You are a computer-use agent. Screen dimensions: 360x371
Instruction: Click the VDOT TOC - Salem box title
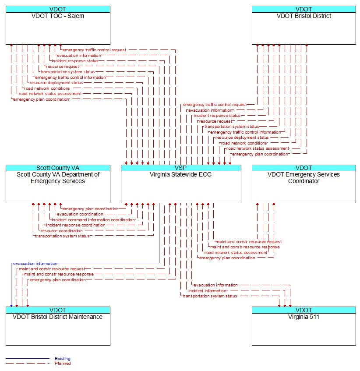[x=58, y=16]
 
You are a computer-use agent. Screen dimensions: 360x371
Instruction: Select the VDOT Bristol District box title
[x=304, y=16]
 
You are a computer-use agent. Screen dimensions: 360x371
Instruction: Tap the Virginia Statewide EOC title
[x=181, y=175]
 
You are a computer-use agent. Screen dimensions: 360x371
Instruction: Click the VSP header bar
[x=181, y=168]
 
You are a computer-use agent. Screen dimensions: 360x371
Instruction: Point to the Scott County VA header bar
[x=58, y=168]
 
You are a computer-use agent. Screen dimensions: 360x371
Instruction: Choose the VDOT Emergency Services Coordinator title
[x=304, y=178]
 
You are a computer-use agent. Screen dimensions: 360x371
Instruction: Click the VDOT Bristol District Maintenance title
[x=57, y=317]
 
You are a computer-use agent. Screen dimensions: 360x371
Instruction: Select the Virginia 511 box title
[x=304, y=317]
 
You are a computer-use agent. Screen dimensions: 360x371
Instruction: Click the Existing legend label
[x=63, y=359]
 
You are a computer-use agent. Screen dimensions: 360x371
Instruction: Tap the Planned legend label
[x=63, y=364]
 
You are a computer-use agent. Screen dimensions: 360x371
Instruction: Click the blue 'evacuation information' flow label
[x=35, y=264]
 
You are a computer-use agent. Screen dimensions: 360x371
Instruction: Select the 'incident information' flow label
[x=208, y=291]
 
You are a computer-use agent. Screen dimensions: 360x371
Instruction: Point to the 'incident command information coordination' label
[x=93, y=220]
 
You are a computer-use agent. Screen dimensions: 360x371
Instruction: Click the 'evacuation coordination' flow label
[x=81, y=214]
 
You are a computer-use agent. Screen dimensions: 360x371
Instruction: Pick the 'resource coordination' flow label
[x=61, y=231]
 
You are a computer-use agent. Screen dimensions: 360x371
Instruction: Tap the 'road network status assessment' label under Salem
[x=50, y=94]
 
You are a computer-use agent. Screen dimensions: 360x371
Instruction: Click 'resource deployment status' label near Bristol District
[x=242, y=138]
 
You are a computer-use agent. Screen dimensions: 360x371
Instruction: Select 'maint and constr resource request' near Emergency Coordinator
[x=248, y=242]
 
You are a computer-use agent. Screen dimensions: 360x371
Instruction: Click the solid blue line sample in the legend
[x=28, y=359]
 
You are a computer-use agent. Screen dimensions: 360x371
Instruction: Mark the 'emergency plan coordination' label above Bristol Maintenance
[x=58, y=280]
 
